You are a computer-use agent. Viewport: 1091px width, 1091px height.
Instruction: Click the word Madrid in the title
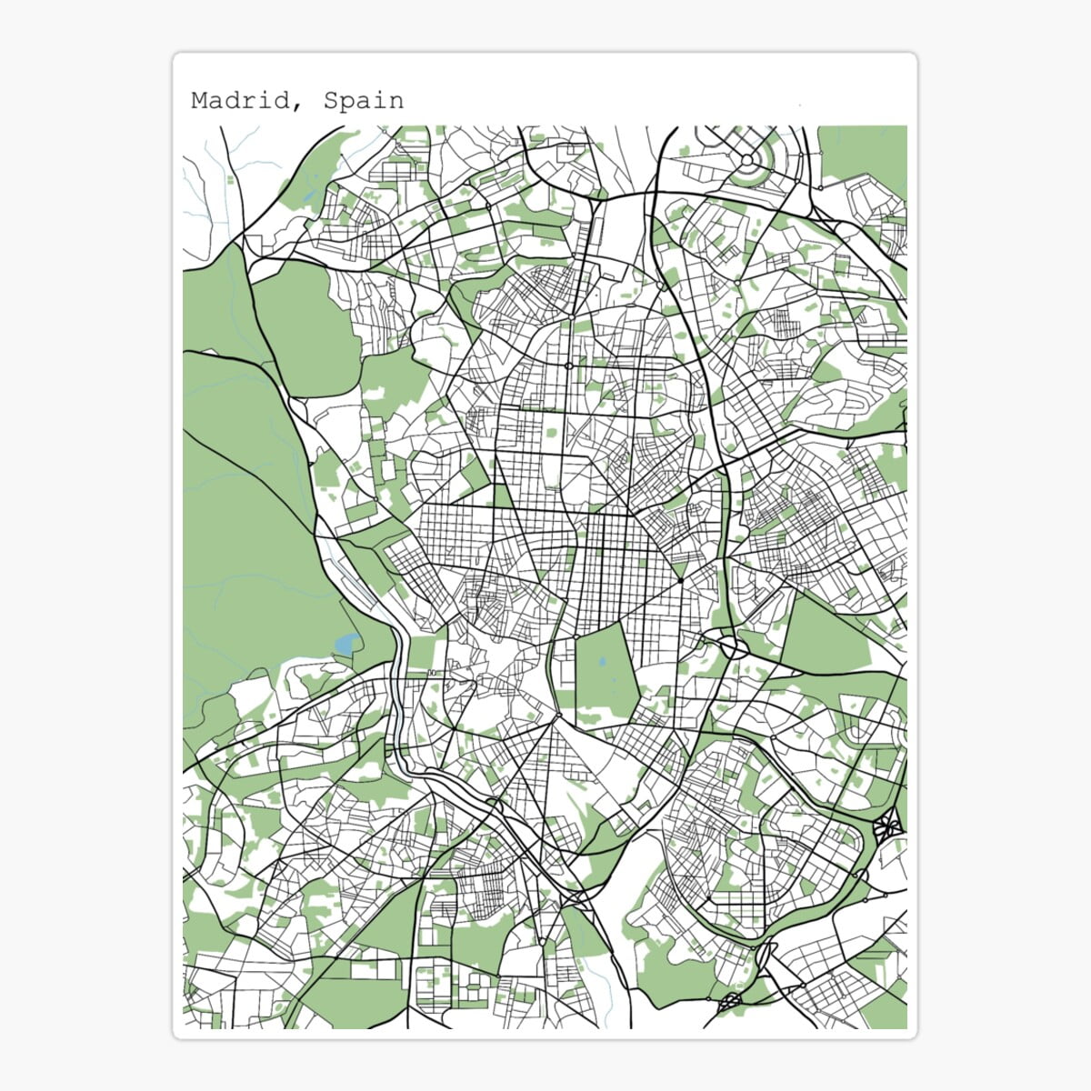(x=240, y=100)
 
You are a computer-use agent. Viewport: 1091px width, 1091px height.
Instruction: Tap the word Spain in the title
(x=364, y=100)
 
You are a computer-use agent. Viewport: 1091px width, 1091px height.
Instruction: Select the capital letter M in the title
(x=199, y=100)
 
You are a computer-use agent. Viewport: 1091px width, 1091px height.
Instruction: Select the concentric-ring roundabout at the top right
(x=746, y=161)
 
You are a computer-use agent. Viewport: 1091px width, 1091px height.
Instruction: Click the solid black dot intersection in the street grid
(x=680, y=579)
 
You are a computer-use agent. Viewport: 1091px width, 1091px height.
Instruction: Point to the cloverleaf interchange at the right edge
(x=887, y=826)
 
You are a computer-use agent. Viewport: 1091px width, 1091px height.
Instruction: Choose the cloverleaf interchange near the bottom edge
(x=730, y=1003)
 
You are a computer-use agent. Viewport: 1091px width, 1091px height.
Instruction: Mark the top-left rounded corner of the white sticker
(x=178, y=58)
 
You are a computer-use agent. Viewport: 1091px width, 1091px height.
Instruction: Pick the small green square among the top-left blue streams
(x=229, y=179)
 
